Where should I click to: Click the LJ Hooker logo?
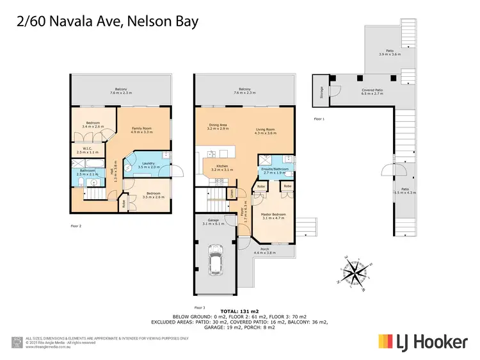[422, 341]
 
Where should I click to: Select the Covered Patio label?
[371, 92]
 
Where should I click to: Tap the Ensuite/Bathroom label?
[273, 170]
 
